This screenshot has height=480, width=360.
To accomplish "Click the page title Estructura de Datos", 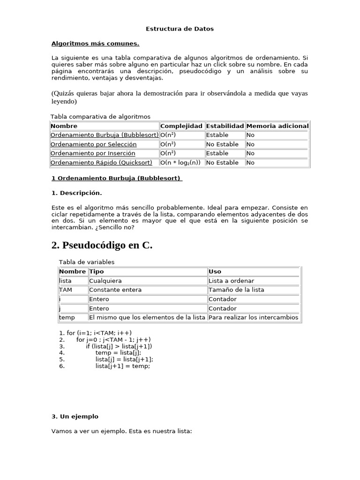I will (x=180, y=29).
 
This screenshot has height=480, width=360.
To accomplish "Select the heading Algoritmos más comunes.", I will (x=95, y=44).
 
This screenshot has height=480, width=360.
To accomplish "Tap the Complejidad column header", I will (x=181, y=126).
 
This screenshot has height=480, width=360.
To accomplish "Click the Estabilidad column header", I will (x=225, y=126).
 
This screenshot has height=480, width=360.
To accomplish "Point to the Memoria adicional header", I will (x=277, y=126).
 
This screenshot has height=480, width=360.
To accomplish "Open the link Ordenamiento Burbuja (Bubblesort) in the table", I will (x=105, y=135).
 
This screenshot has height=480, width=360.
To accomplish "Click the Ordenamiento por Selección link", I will (x=93, y=144).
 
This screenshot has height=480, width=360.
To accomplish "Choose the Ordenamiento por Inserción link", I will (x=93, y=153).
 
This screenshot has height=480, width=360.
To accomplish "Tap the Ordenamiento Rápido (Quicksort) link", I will (x=101, y=163).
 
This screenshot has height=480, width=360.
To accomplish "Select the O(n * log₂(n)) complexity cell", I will (x=180, y=163).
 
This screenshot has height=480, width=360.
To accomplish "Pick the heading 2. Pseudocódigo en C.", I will (x=102, y=245).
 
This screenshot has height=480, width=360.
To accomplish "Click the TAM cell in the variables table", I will (x=66, y=290).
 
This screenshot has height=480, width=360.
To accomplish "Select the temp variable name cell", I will (x=67, y=317).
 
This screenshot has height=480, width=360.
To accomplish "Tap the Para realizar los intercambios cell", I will (x=253, y=317).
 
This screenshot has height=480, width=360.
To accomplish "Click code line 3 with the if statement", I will (x=119, y=346).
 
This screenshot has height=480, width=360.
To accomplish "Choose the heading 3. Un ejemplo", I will (x=75, y=416).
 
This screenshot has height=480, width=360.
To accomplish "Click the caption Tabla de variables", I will (x=87, y=262).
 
